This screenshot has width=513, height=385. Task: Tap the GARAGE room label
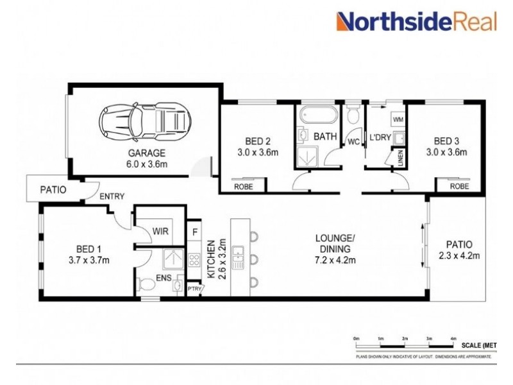click(146, 153)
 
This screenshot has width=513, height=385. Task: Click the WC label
click(353, 141)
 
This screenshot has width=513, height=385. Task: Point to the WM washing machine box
click(398, 119)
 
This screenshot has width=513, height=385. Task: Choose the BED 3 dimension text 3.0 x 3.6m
click(448, 153)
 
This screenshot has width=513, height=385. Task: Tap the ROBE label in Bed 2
click(243, 186)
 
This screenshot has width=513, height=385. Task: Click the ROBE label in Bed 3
click(458, 186)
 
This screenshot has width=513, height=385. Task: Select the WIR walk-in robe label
click(160, 231)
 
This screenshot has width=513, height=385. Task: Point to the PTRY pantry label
click(194, 289)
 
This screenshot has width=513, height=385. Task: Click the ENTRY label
click(112, 196)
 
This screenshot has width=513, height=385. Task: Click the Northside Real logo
click(417, 22)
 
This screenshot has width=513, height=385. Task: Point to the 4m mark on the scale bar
click(453, 338)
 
